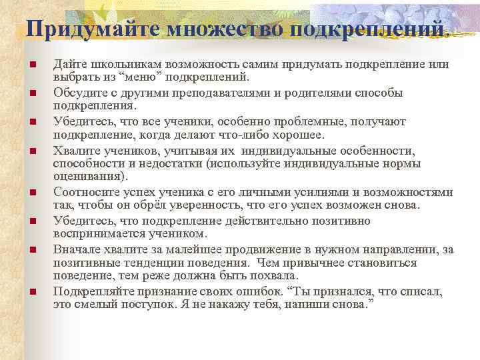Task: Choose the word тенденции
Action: (x=143, y=262)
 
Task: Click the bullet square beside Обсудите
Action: (x=32, y=93)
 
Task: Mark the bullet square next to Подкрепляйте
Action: (x=32, y=291)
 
